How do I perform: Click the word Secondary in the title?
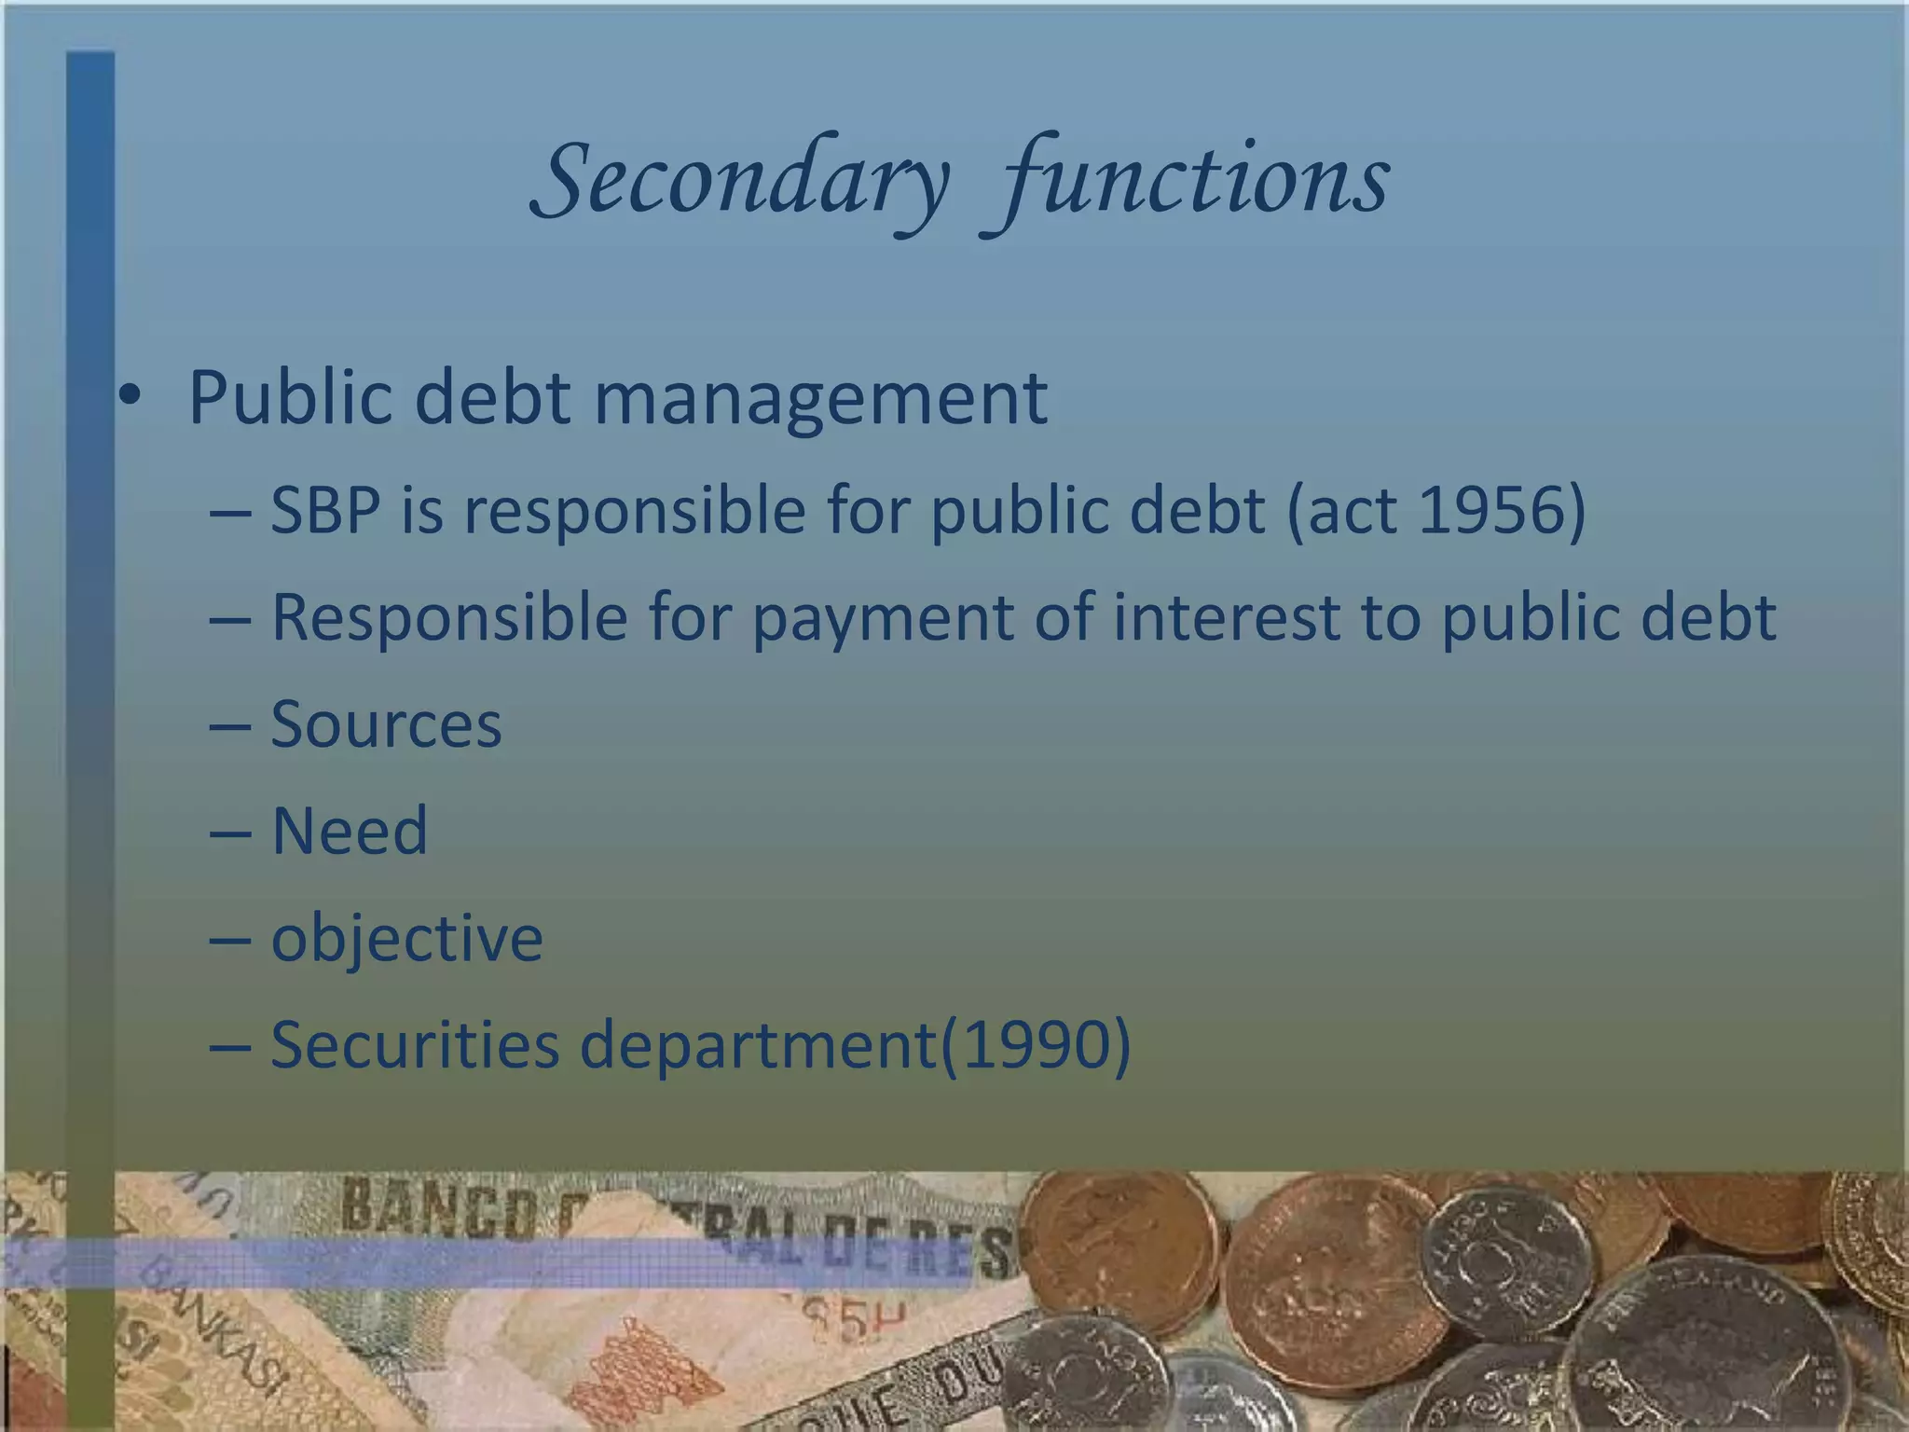point(741,179)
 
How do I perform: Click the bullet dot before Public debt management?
point(130,396)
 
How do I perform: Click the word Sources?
point(386,724)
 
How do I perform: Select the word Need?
point(349,830)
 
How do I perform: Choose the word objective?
point(406,938)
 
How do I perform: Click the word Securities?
point(415,1043)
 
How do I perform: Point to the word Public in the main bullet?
point(292,397)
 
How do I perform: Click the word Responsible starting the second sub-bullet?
point(449,618)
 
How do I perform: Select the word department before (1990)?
point(758,1045)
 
